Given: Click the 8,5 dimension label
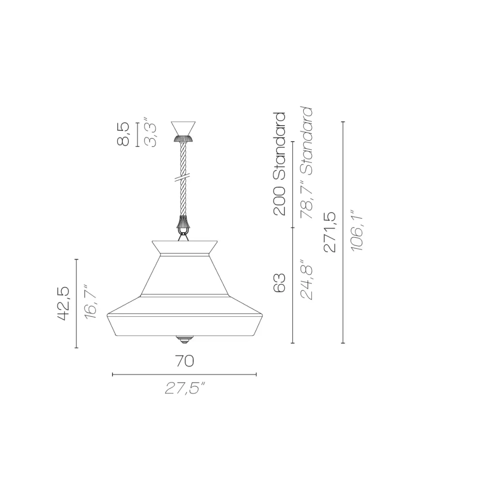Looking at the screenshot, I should point(124,134).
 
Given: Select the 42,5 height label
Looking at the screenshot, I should point(64,303).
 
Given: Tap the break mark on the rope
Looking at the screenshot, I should point(183,178).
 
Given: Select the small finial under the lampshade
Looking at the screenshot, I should point(183,339).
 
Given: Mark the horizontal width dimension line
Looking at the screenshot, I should point(184,374).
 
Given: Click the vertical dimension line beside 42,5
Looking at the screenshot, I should point(77,304).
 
